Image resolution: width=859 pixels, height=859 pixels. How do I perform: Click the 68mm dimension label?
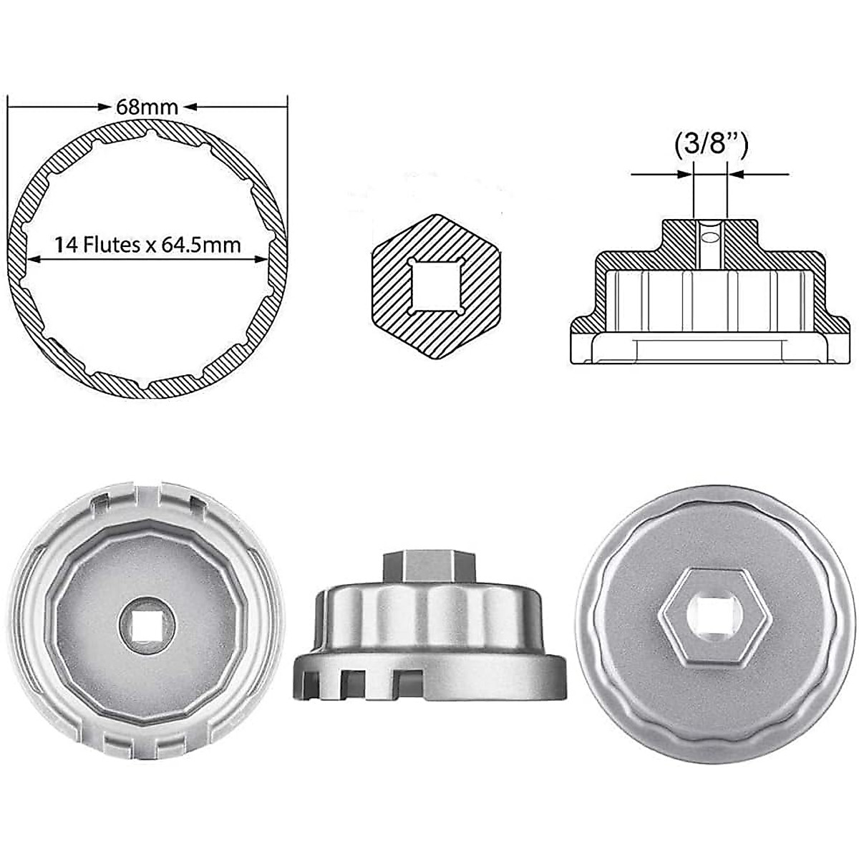147,107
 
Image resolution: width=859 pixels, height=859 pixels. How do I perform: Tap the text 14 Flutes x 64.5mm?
147,245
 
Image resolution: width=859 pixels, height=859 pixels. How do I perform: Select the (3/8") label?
711,145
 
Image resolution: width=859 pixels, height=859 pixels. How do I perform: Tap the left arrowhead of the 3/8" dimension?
688,173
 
